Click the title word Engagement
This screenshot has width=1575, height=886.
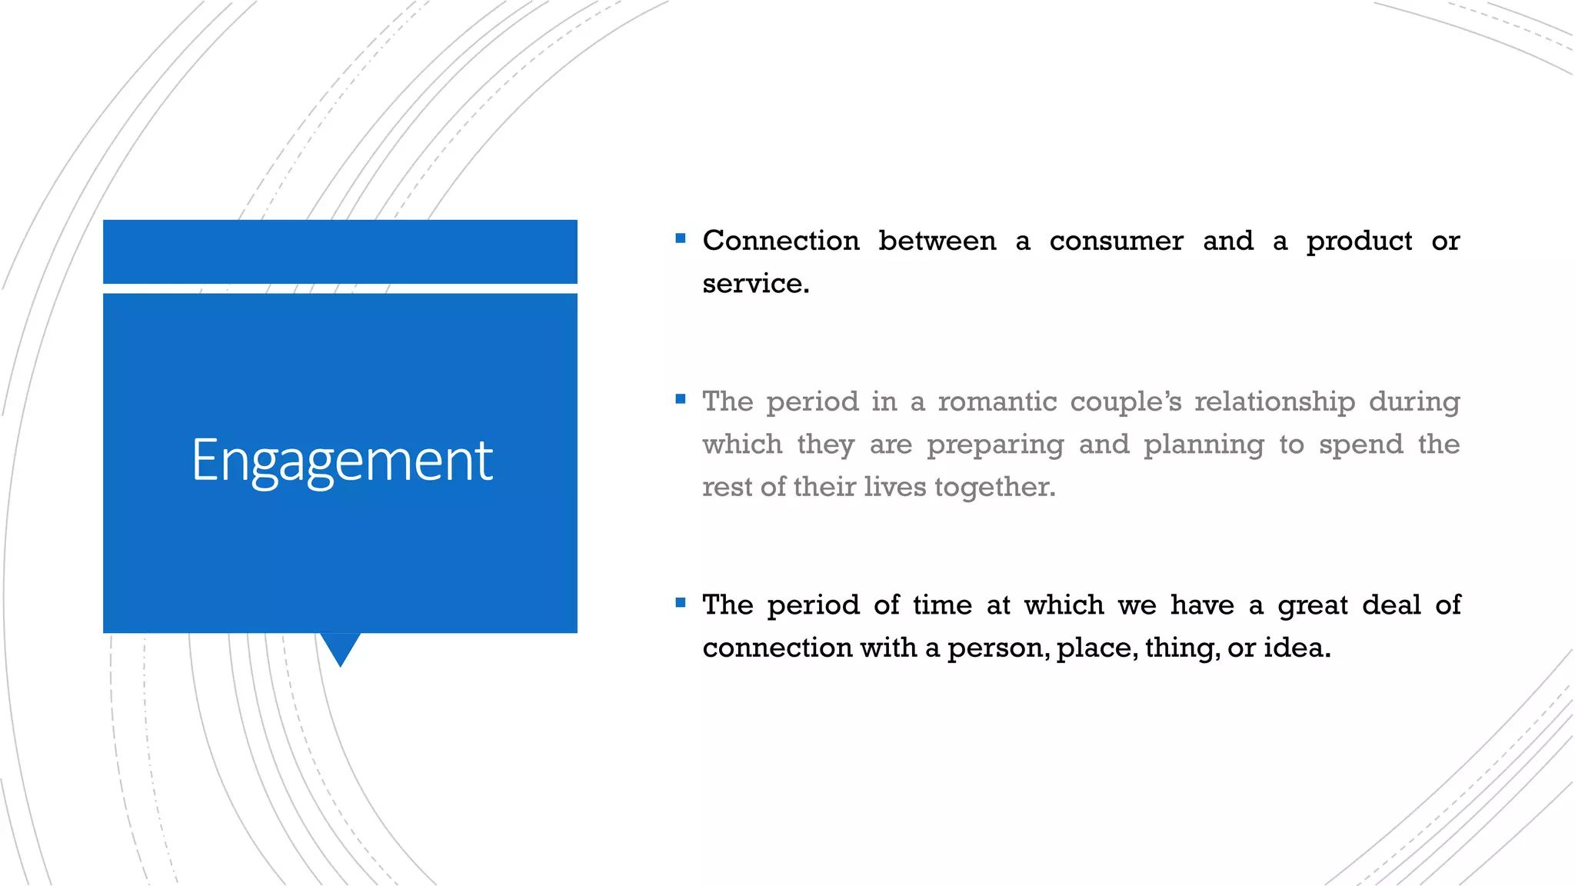coord(341,461)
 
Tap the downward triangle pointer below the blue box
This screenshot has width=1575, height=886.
coord(340,647)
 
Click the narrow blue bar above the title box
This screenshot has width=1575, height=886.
coord(340,251)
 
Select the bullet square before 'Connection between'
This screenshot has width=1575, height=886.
coord(680,238)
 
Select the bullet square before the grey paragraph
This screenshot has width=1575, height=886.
coord(680,398)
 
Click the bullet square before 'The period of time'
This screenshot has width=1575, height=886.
coord(680,602)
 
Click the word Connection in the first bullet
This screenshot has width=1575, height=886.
coord(781,241)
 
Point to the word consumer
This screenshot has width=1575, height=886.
coord(1116,241)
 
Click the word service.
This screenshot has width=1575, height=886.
coord(755,284)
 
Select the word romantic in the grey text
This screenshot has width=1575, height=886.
coord(997,401)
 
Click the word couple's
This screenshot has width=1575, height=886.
coord(1125,402)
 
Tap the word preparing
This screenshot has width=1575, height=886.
coord(995,445)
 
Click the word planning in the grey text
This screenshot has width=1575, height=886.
coord(1204,445)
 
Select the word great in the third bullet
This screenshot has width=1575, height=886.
coord(1313,606)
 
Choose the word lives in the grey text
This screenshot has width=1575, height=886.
coord(894,487)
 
